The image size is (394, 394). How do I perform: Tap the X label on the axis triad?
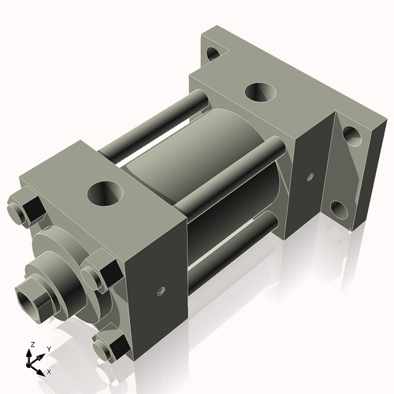point(49,370)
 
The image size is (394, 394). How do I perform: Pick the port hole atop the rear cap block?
point(258,91)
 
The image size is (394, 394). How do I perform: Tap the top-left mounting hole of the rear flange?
point(211,55)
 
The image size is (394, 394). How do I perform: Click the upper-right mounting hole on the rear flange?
point(351,136)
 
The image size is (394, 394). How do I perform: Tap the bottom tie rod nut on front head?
point(110,346)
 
